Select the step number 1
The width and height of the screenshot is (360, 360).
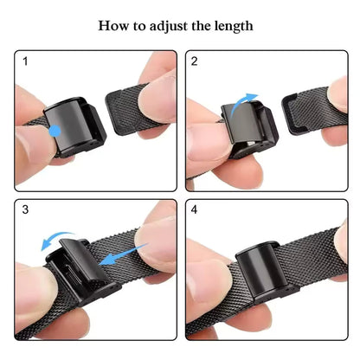click(x=26, y=61)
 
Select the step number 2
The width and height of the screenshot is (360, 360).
click(x=195, y=61)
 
